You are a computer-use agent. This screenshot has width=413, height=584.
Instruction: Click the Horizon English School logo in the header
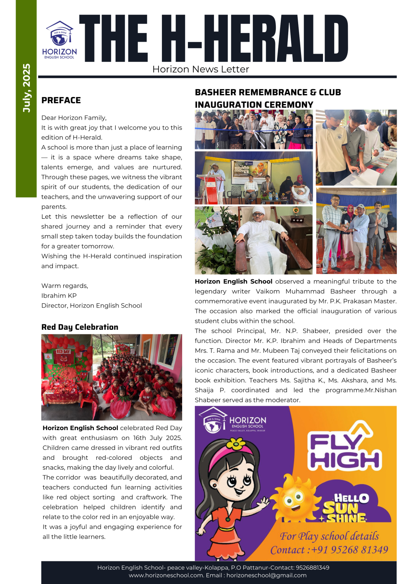tap(59, 40)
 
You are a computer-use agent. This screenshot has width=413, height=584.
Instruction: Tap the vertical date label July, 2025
tap(26, 88)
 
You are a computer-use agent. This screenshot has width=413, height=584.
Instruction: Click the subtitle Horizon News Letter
tap(201, 69)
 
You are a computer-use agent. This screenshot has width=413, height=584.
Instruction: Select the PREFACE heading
tap(61, 100)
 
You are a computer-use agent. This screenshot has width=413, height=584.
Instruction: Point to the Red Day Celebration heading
tap(80, 327)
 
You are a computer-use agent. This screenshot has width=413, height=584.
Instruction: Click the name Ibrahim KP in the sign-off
tap(59, 296)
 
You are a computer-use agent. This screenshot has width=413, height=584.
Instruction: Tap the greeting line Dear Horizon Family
tap(74, 118)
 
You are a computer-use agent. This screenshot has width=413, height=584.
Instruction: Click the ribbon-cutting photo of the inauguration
tap(254, 129)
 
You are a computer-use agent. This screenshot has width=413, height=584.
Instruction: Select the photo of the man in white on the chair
tap(254, 240)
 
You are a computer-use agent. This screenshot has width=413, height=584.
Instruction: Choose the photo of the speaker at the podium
tap(254, 178)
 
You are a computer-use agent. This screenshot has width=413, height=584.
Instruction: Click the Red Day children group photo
tap(112, 377)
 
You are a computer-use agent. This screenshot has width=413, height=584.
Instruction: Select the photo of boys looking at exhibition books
tap(356, 147)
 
